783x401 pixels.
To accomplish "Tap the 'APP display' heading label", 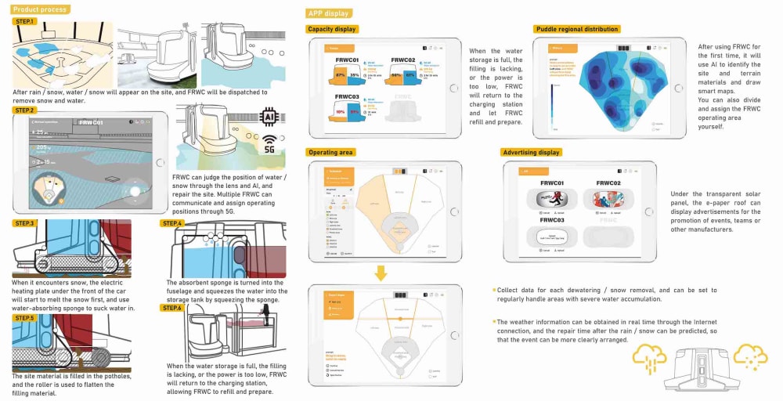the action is [x=329, y=13].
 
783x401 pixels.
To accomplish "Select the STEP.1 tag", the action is [x=24, y=21].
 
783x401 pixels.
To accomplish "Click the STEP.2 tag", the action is [x=24, y=110].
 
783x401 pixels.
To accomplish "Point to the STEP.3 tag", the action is [x=24, y=223].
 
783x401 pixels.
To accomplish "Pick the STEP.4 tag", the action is [x=172, y=223].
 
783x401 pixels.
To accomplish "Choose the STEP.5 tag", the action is [x=24, y=318].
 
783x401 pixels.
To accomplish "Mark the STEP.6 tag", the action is [x=172, y=308].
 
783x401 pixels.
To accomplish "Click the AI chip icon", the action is [x=269, y=116].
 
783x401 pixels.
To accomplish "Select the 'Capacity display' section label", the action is [x=333, y=29].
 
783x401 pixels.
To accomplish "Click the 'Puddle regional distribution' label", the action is [x=577, y=29].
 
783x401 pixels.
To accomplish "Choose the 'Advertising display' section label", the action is [x=532, y=152].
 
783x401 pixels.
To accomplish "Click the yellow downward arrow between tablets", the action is [x=381, y=273].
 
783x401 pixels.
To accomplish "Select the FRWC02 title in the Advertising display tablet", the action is [x=612, y=183].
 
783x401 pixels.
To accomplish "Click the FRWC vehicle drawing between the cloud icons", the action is [x=702, y=370].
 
